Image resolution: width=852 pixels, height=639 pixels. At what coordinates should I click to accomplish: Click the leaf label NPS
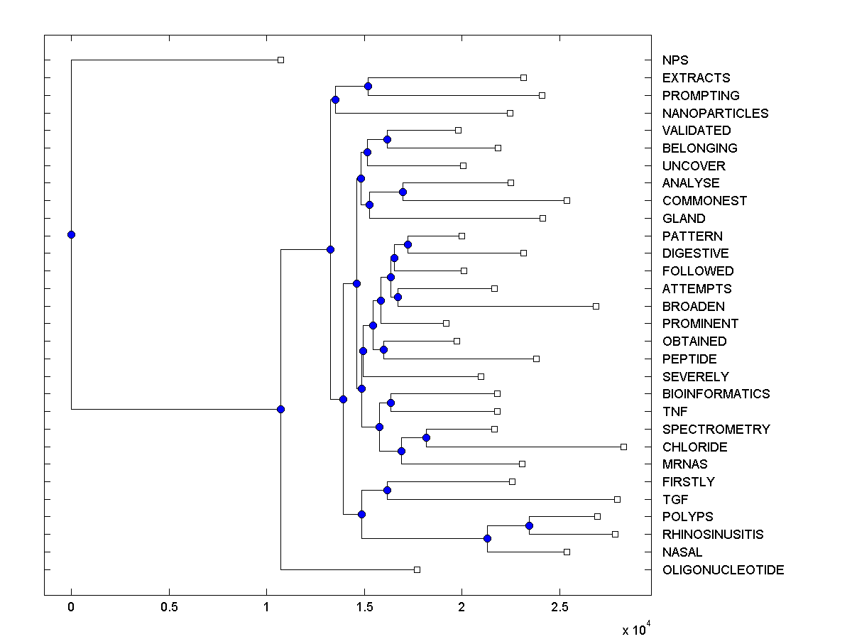(674, 60)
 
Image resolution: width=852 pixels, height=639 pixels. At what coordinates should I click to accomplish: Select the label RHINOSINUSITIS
(713, 535)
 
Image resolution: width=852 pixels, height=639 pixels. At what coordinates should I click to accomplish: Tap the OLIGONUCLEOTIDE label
(723, 570)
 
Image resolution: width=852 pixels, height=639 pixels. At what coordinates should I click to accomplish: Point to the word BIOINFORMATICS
(716, 394)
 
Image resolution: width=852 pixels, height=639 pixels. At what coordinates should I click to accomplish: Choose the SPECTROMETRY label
(716, 430)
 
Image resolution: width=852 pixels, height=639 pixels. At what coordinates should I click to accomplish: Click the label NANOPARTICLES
(715, 114)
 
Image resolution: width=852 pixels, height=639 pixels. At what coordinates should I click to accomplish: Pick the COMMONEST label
(704, 201)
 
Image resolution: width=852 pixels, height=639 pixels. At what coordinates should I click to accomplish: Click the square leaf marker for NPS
(280, 60)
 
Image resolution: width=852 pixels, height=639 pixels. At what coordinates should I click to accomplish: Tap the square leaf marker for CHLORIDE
(623, 447)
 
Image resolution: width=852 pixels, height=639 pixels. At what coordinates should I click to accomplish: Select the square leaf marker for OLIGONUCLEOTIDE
(417, 569)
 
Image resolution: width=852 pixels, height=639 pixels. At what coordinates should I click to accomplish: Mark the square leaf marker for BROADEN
(596, 306)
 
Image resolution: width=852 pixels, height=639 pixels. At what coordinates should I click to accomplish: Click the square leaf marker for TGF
(617, 499)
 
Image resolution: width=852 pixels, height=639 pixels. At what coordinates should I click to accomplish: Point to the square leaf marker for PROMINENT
(446, 323)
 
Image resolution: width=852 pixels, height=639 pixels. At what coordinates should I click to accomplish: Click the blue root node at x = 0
(71, 234)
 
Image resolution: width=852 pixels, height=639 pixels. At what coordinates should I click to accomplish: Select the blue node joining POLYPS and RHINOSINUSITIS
(529, 525)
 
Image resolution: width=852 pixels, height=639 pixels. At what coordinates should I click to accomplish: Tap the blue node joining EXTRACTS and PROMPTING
(368, 86)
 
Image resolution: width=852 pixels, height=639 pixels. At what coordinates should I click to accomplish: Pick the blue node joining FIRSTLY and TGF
(387, 490)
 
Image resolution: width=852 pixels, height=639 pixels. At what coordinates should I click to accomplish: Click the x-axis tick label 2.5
(559, 608)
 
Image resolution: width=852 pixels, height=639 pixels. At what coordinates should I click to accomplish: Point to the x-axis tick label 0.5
(169, 608)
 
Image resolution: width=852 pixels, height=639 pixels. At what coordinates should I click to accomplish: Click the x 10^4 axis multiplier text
(636, 629)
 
